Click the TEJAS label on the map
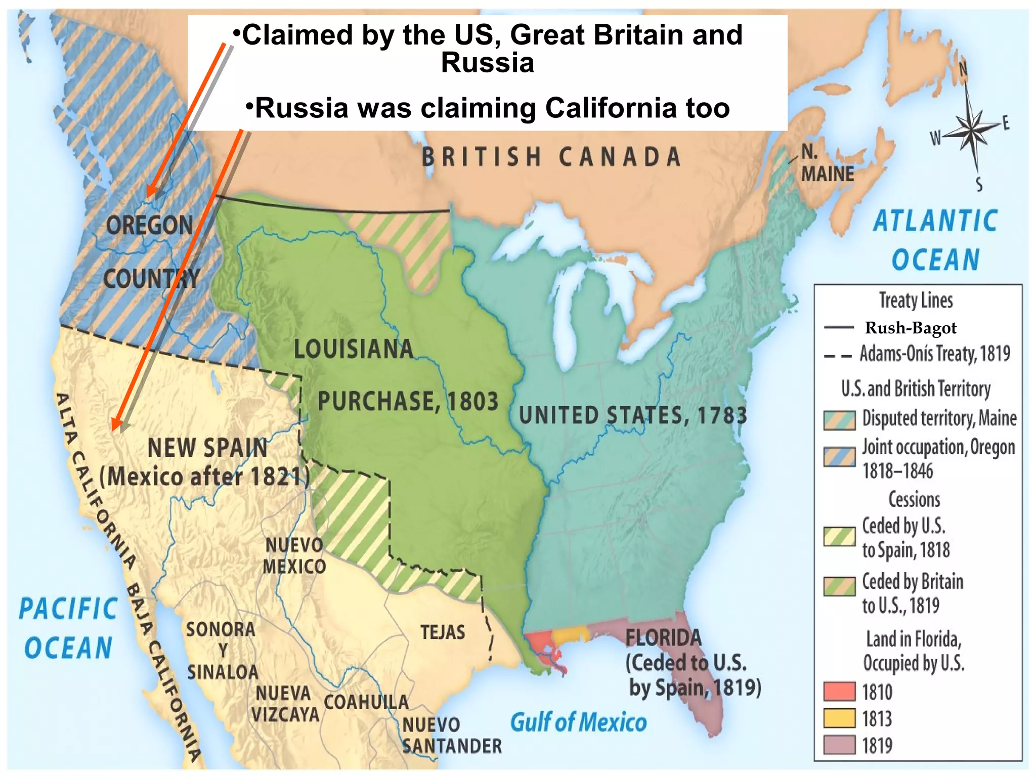(443, 632)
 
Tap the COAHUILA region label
(366, 702)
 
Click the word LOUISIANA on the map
(354, 349)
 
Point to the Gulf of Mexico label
(578, 722)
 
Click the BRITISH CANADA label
(551, 157)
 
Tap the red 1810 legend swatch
(839, 691)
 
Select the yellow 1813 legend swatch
(839, 718)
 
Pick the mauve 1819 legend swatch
(839, 745)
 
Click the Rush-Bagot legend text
(911, 328)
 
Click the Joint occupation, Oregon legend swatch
(839, 457)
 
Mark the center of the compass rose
(972, 132)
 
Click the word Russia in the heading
(487, 63)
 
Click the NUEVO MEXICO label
(294, 556)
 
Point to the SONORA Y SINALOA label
(222, 651)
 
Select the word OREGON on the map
(150, 225)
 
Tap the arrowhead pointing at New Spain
(117, 424)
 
